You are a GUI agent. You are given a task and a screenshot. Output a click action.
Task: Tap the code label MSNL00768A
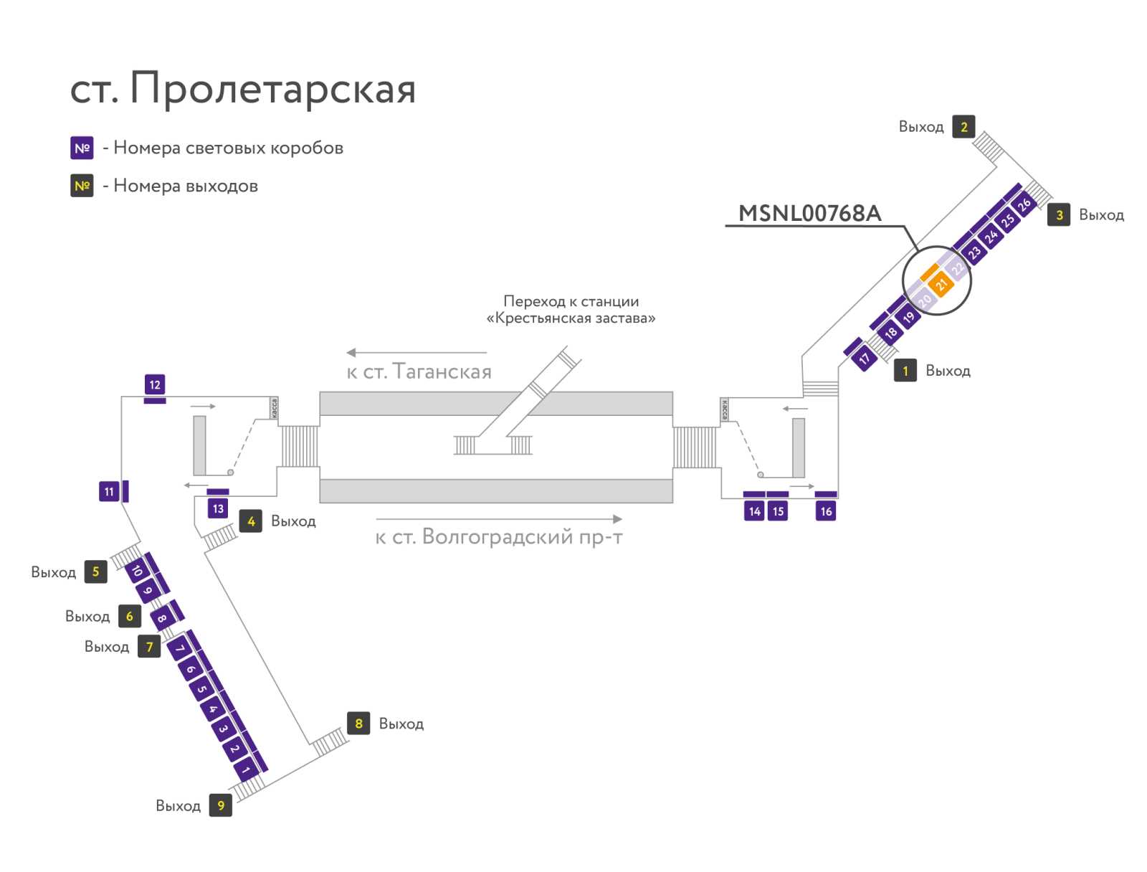(809, 213)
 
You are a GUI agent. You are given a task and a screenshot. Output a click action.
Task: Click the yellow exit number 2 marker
(963, 126)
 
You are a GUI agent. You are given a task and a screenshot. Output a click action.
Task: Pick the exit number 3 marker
(1059, 214)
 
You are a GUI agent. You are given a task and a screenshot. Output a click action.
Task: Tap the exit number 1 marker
(905, 371)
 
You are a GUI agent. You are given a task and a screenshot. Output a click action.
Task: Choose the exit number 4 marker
(251, 521)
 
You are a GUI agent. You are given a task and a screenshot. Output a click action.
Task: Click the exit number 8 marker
(358, 723)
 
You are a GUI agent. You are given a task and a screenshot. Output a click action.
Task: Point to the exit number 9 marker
(221, 805)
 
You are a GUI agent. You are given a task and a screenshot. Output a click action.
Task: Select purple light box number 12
(155, 385)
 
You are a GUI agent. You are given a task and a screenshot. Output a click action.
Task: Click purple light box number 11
(109, 492)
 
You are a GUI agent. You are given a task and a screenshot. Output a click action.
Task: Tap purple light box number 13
(218, 508)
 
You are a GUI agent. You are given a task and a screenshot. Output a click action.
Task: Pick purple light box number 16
(826, 511)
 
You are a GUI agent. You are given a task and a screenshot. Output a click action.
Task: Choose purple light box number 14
(754, 511)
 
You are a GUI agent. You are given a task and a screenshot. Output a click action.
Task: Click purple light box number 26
(1024, 204)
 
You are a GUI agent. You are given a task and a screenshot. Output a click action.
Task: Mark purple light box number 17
(865, 359)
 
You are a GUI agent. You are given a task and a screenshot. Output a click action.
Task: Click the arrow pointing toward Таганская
(417, 353)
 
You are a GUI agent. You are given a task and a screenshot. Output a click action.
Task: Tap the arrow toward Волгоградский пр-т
(499, 518)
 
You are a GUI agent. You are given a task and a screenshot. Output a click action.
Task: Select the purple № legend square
(82, 148)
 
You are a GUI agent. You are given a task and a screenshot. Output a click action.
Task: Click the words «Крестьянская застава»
(571, 318)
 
